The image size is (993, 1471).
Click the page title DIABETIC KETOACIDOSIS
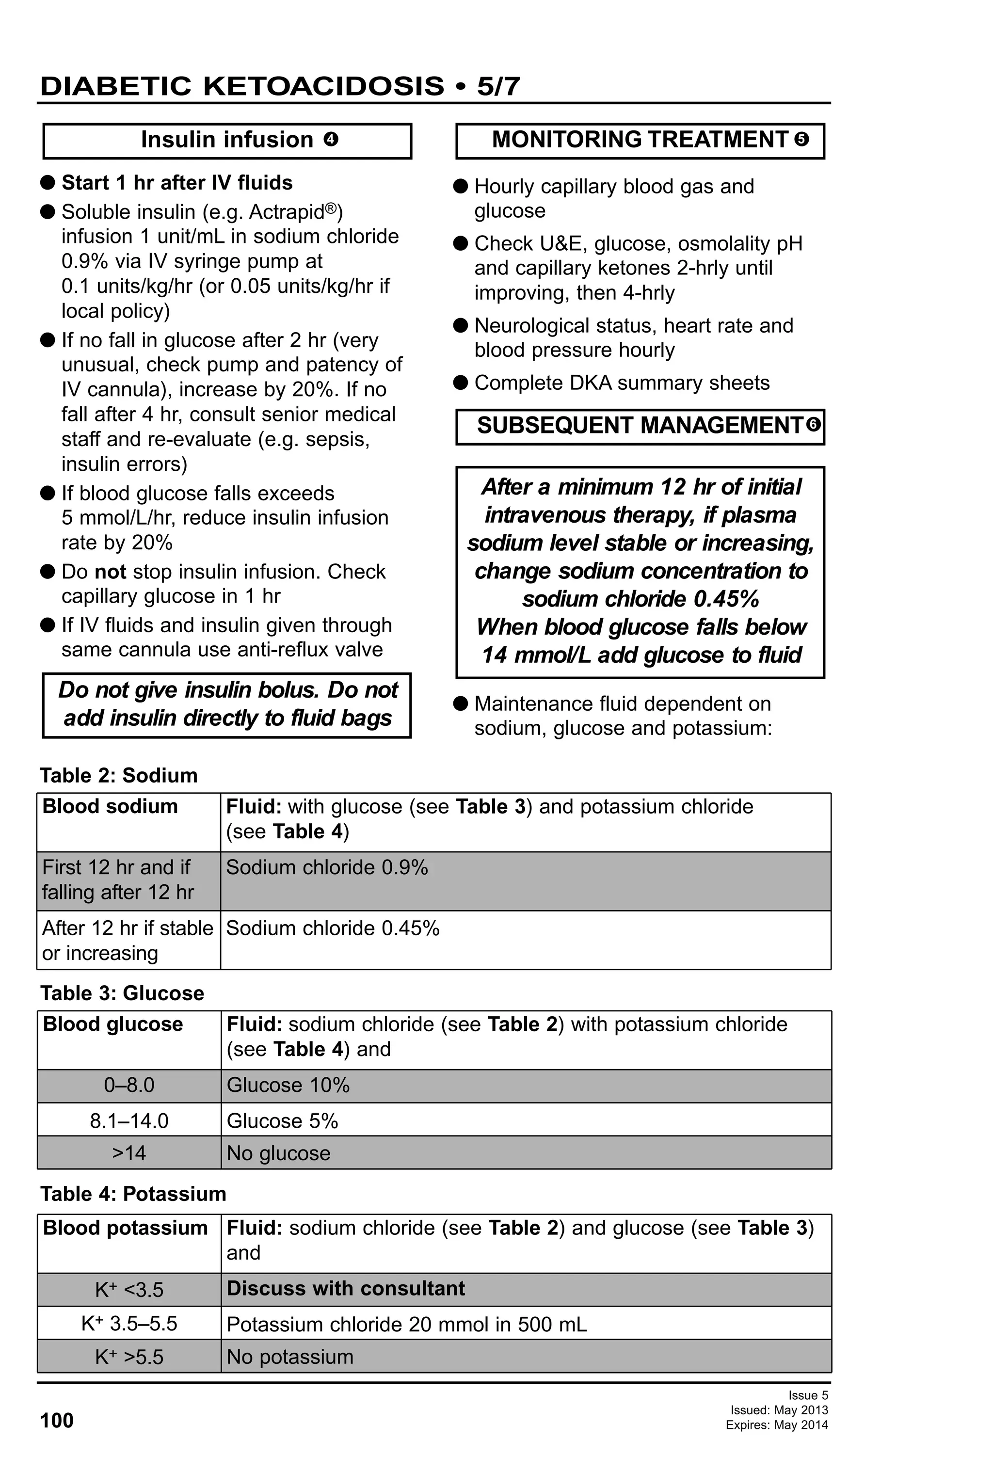pyautogui.click(x=242, y=86)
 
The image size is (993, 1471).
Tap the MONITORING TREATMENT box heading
pyautogui.click(x=639, y=140)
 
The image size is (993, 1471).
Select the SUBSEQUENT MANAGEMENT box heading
pyautogui.click(x=639, y=425)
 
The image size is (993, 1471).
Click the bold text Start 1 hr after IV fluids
pyautogui.click(x=176, y=183)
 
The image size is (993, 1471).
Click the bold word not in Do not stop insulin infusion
pyautogui.click(x=110, y=572)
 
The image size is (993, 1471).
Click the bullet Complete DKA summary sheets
pyautogui.click(x=622, y=383)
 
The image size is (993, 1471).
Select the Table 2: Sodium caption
pyautogui.click(x=118, y=775)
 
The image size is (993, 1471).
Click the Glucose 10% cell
pyautogui.click(x=288, y=1085)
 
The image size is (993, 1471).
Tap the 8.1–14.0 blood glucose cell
pyautogui.click(x=129, y=1121)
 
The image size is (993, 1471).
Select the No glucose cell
pyautogui.click(x=278, y=1153)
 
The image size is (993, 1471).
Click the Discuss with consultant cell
pyautogui.click(x=346, y=1289)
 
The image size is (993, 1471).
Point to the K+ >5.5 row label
pyautogui.click(x=129, y=1357)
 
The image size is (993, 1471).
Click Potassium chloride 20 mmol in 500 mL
pyautogui.click(x=406, y=1325)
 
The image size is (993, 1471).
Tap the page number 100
pyautogui.click(x=57, y=1421)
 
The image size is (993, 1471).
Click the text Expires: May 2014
pyautogui.click(x=777, y=1425)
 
